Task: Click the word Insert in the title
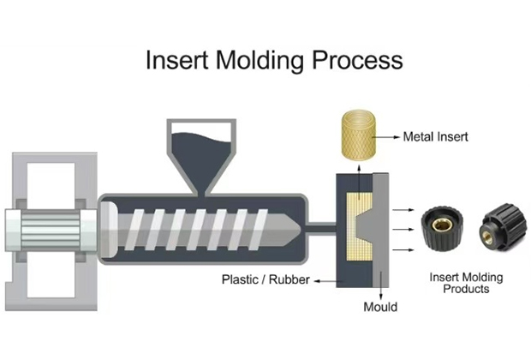coord(176,60)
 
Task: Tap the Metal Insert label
coord(435,137)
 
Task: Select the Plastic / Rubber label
coord(265,279)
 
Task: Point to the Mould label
coord(380,307)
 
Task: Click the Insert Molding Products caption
coord(466,283)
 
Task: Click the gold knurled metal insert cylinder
coord(359,135)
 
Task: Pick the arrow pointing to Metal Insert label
coord(386,137)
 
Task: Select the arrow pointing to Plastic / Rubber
coord(325,281)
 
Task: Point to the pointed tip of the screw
coord(300,229)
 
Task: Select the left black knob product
coord(440,229)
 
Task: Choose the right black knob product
coord(504,227)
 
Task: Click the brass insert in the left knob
coord(442,225)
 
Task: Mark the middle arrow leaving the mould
coord(403,230)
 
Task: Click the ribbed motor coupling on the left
coord(51,231)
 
